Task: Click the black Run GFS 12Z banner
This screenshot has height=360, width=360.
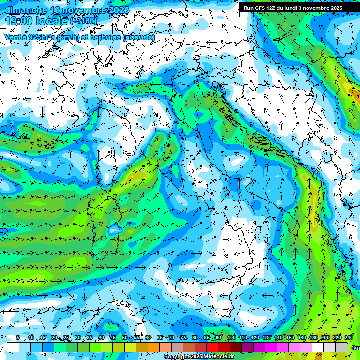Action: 292,7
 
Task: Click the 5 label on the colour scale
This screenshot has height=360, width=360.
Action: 18,337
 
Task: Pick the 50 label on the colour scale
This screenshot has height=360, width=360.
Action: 124,337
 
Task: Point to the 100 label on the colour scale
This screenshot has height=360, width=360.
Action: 231,337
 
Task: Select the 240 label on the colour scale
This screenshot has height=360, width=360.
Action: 349,337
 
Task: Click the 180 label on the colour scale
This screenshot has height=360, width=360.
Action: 314,337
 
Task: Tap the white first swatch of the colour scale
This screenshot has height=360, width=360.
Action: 13,347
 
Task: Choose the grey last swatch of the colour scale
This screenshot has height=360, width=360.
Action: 341,347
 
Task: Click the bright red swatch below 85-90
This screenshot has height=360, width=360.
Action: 212,347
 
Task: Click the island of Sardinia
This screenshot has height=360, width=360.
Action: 105,225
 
